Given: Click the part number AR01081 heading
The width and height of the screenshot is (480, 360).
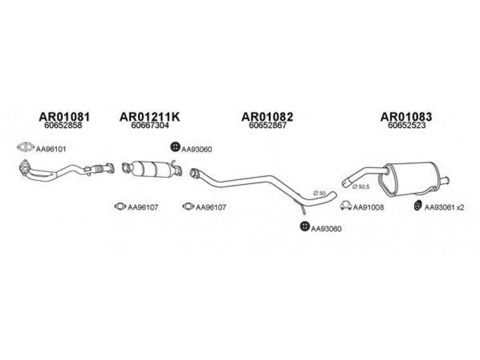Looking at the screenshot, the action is tap(64, 116).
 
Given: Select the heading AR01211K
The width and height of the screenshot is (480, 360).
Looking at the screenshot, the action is tap(149, 116).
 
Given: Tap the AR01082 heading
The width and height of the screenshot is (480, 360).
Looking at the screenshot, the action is tap(267, 116).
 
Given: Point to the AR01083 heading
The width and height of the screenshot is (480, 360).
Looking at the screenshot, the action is tap(406, 116).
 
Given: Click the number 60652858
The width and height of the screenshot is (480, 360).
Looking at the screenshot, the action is tap(63, 125).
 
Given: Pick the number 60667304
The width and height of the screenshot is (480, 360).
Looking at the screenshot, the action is tap(149, 125).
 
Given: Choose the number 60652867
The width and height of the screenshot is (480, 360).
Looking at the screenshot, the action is tap(268, 125).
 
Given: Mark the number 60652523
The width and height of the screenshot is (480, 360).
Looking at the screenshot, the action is tap(407, 125).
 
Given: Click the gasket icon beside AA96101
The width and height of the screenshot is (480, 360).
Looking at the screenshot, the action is tap(26, 147).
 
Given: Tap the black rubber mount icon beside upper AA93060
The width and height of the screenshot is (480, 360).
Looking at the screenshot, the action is tap(175, 147).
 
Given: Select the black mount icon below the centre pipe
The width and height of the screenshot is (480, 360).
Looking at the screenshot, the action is tap(305, 227).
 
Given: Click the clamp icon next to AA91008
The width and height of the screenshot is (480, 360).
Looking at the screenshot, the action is tap(346, 206).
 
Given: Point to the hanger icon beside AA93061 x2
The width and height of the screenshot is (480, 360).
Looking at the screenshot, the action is tap(417, 206).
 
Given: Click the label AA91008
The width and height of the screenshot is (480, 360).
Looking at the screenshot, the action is tap(368, 208).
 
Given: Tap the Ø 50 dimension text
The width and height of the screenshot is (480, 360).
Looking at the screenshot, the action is tap(320, 193).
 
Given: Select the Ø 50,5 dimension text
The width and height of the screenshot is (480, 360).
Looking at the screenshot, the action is tap(361, 187).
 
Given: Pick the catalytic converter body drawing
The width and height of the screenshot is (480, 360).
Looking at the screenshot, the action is tap(152, 169).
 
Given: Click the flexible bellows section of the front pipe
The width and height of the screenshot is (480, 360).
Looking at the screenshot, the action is tap(98, 169).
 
